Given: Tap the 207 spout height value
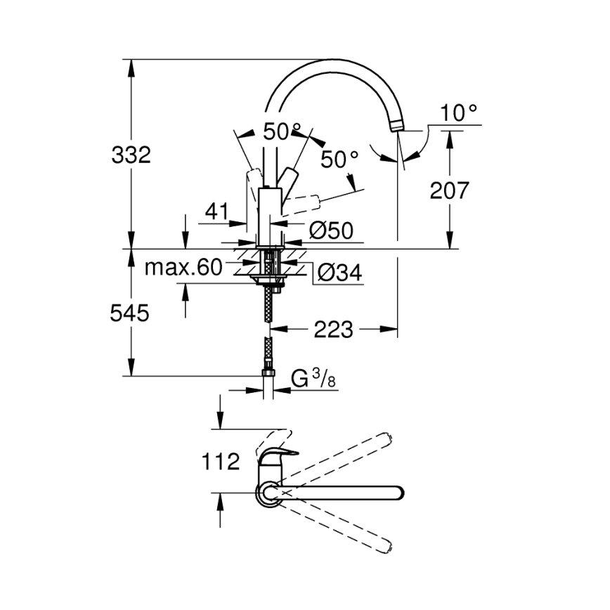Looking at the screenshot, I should click(448, 190).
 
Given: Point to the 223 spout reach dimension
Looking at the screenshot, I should click(333, 329).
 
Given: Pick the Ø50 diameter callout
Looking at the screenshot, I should click(330, 231).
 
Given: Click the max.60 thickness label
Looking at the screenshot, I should click(183, 267).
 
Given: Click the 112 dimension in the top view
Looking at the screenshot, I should click(220, 462).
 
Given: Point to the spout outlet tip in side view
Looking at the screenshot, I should click(397, 127).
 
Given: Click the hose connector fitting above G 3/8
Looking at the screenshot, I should click(268, 371).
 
